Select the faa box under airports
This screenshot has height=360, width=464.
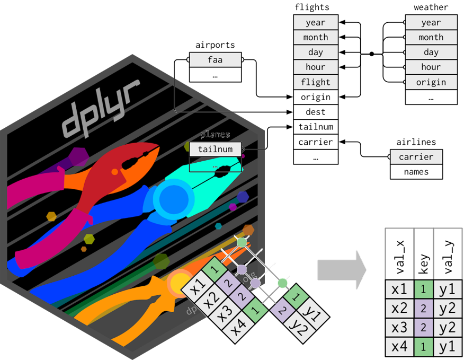pos(215,60)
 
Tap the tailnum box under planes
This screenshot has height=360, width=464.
pos(215,150)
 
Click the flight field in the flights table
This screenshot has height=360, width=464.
pos(315,82)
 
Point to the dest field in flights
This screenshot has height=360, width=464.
pos(315,112)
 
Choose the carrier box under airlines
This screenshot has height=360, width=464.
pos(416,157)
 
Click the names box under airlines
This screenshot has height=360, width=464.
pos(416,172)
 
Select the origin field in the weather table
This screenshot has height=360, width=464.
pos(431,82)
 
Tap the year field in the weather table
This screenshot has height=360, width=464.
pos(431,23)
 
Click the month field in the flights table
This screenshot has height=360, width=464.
pos(315,38)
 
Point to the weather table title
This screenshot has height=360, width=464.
pos(431,7)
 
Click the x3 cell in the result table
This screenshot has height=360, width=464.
pos(400,327)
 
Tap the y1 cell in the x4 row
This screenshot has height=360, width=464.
pos(448,347)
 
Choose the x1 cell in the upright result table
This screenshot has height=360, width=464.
pos(400,289)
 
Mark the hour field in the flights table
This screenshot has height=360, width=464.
pos(315,67)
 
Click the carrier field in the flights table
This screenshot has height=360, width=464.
pos(315,142)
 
